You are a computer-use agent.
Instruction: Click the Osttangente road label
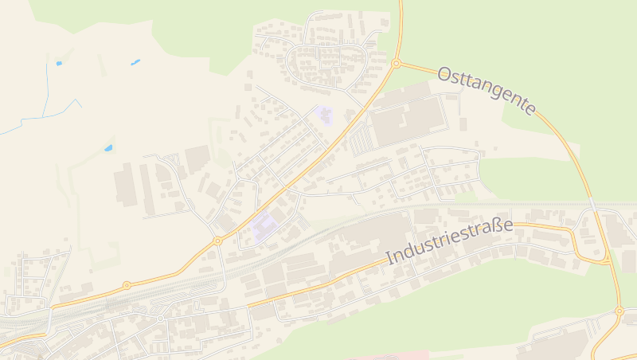(x=487, y=91)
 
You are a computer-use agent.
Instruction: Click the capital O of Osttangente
(x=445, y=74)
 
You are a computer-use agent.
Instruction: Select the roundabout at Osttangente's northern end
(x=396, y=63)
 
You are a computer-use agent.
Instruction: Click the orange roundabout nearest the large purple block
(x=217, y=240)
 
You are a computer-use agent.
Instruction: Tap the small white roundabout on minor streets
(x=160, y=319)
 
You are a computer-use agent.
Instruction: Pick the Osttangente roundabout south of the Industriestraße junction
(x=619, y=311)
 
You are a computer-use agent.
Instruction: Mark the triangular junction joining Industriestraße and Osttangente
(x=603, y=259)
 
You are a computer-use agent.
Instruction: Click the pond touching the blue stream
(x=58, y=62)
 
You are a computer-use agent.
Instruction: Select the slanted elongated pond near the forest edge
(x=135, y=61)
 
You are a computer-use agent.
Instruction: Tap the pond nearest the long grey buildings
(x=108, y=147)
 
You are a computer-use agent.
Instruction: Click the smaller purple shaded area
(x=323, y=115)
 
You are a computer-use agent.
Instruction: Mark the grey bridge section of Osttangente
(x=592, y=204)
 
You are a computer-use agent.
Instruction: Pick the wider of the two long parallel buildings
(x=125, y=185)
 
